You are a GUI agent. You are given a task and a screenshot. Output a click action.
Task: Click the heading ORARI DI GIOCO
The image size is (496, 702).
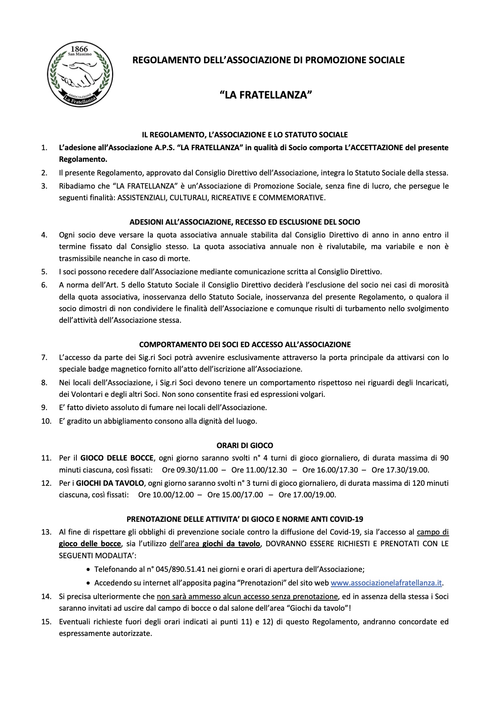click(x=245, y=445)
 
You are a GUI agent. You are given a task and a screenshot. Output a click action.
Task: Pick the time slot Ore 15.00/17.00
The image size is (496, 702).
click(x=235, y=495)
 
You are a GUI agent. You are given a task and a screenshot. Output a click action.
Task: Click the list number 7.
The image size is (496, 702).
click(x=44, y=357)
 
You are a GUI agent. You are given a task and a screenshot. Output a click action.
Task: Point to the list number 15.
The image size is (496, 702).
click(x=46, y=622)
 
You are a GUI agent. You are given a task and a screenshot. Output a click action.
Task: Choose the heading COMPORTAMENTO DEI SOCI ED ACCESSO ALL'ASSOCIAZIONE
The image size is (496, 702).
click(x=245, y=344)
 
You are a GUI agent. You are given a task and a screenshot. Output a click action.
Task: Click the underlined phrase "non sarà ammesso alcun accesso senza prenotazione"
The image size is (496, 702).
click(x=247, y=596)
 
